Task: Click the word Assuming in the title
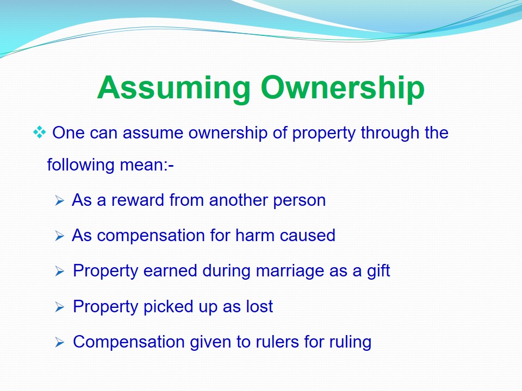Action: [173, 87]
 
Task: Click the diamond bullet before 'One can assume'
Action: [40, 133]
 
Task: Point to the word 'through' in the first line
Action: [390, 133]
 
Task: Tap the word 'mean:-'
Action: [147, 165]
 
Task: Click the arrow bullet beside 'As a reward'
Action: [60, 200]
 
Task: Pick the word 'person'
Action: [299, 201]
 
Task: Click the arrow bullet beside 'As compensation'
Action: [60, 236]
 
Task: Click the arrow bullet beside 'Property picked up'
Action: [60, 307]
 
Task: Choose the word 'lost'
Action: [260, 306]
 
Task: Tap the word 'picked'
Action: [169, 306]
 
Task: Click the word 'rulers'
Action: [275, 342]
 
